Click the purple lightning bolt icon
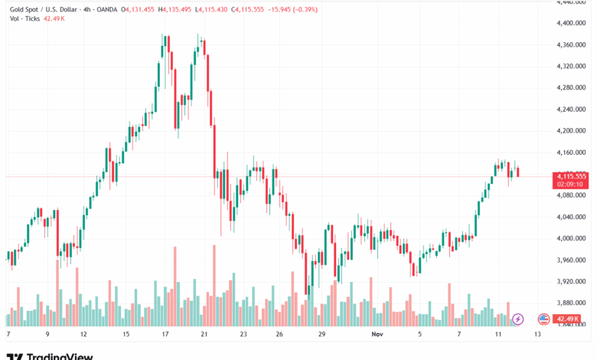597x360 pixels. point(517,319)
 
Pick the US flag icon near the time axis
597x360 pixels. point(543,319)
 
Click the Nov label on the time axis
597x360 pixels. point(377,335)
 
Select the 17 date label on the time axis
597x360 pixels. point(166,335)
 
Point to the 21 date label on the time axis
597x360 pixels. point(204,335)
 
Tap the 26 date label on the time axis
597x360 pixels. point(280,335)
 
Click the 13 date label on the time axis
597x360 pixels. point(538,335)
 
